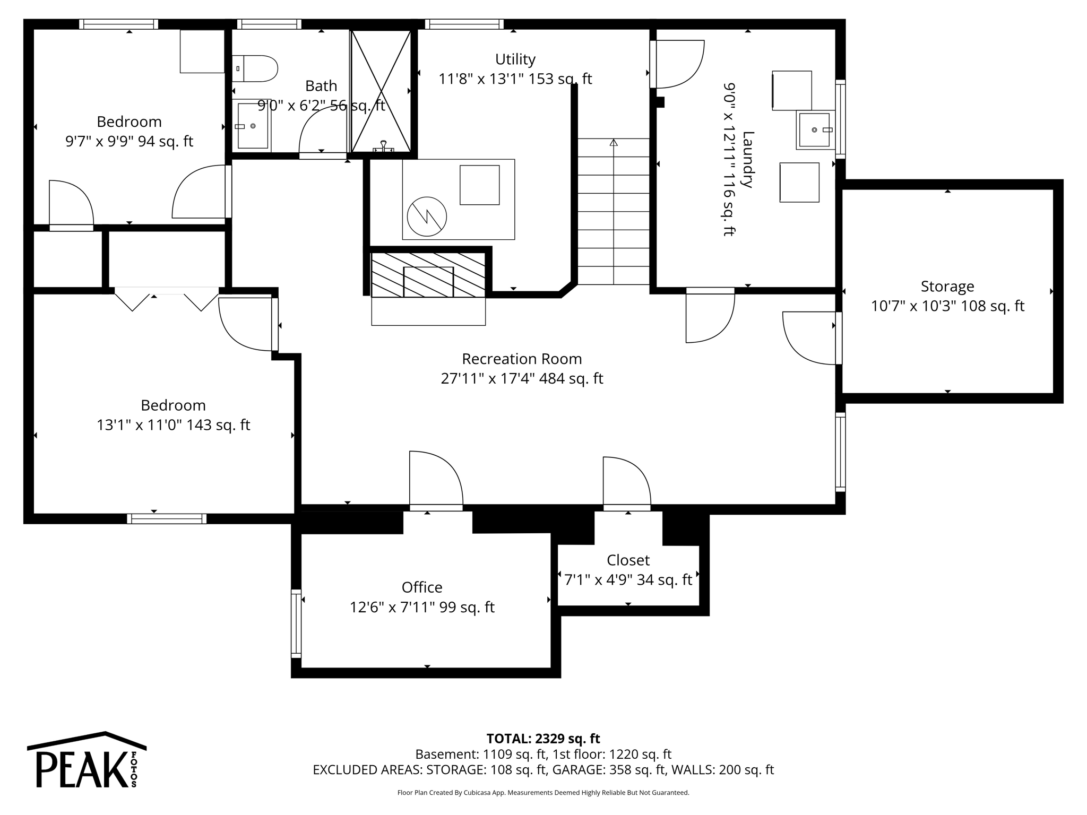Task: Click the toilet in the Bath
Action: point(256,68)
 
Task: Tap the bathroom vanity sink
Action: point(253,126)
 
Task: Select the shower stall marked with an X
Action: point(381,91)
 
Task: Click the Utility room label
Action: point(515,59)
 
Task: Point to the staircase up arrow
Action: point(614,143)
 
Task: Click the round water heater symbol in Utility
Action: point(427,216)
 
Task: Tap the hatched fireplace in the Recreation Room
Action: point(428,275)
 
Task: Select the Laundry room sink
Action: point(814,130)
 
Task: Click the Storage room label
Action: point(947,287)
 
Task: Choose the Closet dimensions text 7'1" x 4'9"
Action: point(628,580)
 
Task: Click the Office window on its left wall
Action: point(296,623)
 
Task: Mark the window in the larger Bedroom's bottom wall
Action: point(167,518)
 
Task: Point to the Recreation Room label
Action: point(522,359)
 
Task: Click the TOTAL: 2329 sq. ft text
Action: point(543,739)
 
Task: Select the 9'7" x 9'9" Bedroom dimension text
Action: point(129,142)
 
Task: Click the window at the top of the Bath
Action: point(269,24)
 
